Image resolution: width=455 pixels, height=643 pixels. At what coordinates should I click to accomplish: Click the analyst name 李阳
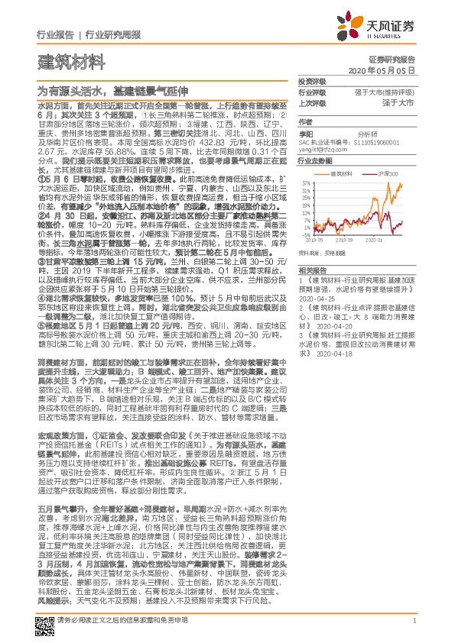click(306, 133)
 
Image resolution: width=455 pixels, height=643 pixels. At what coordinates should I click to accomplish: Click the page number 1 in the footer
click(414, 631)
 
